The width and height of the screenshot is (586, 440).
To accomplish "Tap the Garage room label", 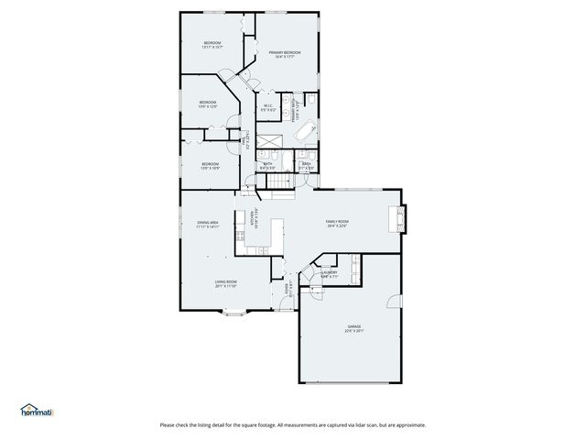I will coord(354,328).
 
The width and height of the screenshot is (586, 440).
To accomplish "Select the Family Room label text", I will coord(337,224).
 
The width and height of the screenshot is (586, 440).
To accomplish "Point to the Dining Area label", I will coord(207,225).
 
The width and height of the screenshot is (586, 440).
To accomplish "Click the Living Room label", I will coord(226,283).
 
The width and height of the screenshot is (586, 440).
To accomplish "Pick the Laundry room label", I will coord(330,273).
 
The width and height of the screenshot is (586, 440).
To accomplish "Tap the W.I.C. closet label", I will coord(268,107).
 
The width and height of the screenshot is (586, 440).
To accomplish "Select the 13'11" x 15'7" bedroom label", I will coord(212,45).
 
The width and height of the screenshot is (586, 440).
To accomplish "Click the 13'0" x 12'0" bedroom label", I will coord(208,104).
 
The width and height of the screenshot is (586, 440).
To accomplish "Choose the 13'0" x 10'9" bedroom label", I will coord(210,167).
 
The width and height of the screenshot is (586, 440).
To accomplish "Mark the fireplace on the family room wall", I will coord(399,218).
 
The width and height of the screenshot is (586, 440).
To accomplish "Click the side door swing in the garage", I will coord(393,302).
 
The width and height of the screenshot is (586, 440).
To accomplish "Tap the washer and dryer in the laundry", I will coord(353,268).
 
